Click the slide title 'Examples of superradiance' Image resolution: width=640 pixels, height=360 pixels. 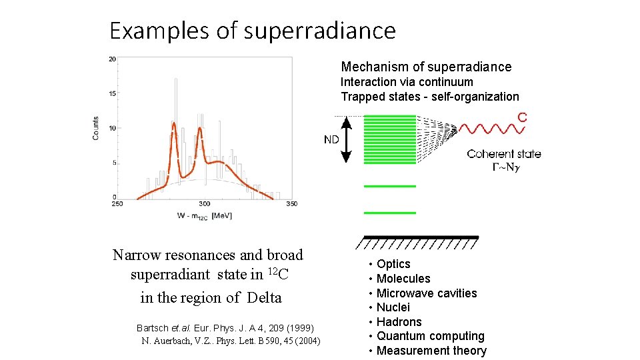[x=253, y=31]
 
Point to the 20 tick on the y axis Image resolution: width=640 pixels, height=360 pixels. [x=113, y=59]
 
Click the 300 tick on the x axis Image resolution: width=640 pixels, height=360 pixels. [x=204, y=203]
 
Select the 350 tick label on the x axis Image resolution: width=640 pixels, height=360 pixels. [x=291, y=203]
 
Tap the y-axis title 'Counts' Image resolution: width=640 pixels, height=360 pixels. [x=96, y=128]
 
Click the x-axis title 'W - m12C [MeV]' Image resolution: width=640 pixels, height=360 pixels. [x=204, y=215]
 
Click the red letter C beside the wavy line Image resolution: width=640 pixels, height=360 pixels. [x=522, y=117]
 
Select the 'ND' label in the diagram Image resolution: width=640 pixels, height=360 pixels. [x=331, y=139]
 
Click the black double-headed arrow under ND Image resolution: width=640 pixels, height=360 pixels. [x=346, y=139]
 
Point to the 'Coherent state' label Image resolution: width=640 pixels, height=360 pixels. [x=503, y=154]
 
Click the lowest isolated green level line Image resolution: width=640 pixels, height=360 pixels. [x=389, y=213]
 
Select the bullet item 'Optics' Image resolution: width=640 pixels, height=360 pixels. [x=393, y=264]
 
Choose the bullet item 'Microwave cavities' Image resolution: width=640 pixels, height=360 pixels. [x=427, y=293]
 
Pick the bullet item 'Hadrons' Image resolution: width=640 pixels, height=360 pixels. [x=399, y=322]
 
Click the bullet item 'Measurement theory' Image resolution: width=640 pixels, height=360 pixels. [x=431, y=351]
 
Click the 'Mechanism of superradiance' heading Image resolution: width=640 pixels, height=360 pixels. [x=426, y=67]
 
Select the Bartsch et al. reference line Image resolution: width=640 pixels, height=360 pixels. [x=225, y=328]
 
